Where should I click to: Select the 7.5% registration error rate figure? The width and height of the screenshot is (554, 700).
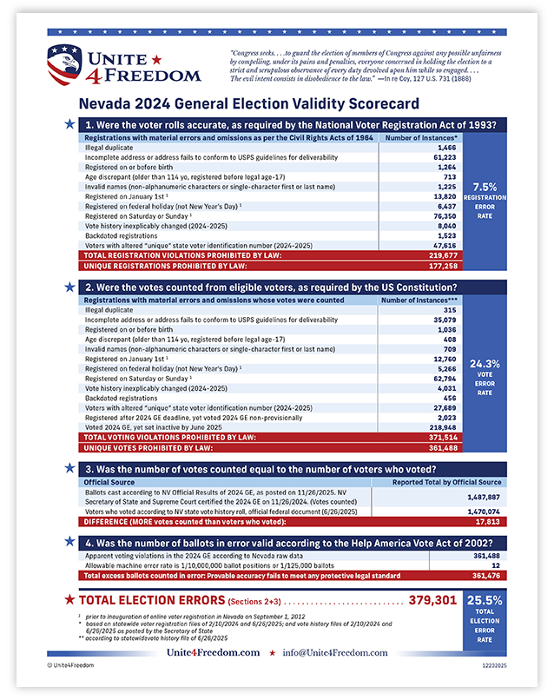coord(485,187)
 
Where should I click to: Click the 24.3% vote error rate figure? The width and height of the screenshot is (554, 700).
coord(485,364)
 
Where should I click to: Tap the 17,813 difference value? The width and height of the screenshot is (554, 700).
coord(485,521)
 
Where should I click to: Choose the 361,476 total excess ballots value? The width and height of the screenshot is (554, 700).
coord(485,575)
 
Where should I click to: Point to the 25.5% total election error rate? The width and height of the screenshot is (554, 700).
coord(485,600)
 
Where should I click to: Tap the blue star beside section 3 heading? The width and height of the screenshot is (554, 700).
coord(69,468)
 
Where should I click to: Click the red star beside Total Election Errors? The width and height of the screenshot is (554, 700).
coord(69,600)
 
